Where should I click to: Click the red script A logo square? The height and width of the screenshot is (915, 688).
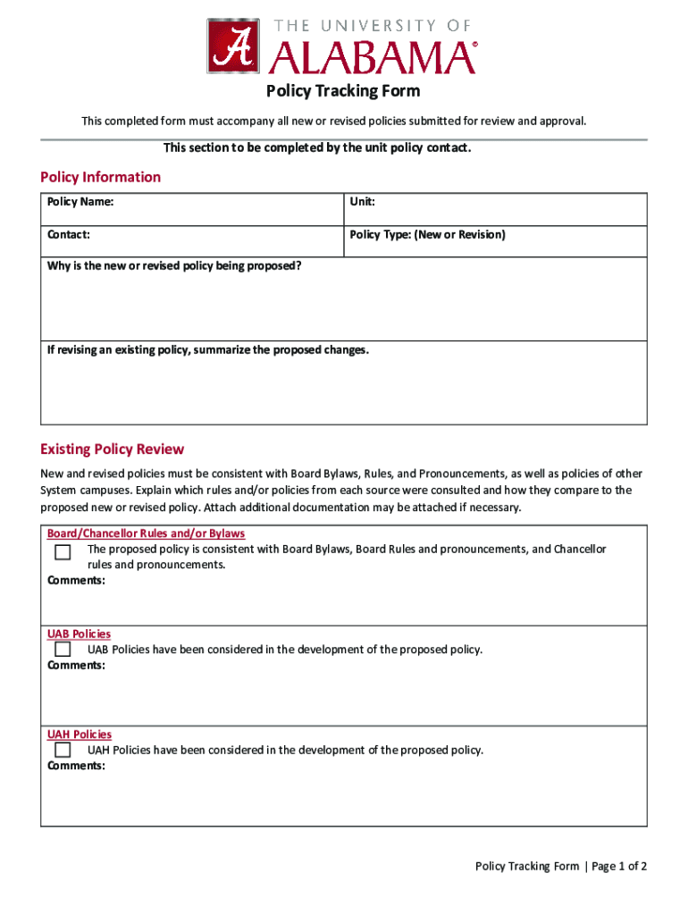233,46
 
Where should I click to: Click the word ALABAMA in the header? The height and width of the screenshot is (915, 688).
373,58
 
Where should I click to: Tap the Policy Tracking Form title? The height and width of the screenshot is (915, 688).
343,91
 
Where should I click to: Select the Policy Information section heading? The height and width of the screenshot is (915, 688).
100,177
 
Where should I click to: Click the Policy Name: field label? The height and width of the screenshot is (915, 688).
80,202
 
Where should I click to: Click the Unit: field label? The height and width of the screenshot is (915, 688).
362,202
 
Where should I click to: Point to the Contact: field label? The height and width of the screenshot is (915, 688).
69,235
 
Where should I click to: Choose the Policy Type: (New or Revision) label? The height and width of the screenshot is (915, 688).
427,235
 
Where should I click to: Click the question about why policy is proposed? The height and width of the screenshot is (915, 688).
174,266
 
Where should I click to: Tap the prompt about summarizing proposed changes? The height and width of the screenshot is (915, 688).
207,349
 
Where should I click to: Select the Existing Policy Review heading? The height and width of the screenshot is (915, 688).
112,449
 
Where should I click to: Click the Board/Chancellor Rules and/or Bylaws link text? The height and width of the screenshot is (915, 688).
146,533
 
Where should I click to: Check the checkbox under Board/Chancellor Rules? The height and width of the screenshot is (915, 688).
63,552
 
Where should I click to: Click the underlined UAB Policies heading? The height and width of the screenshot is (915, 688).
79,634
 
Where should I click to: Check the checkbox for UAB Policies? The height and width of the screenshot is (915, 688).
63,650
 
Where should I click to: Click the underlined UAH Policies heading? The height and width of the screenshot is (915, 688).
79,735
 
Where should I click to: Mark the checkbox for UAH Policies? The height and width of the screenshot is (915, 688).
63,751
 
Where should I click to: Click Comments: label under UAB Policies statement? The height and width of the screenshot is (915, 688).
76,666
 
